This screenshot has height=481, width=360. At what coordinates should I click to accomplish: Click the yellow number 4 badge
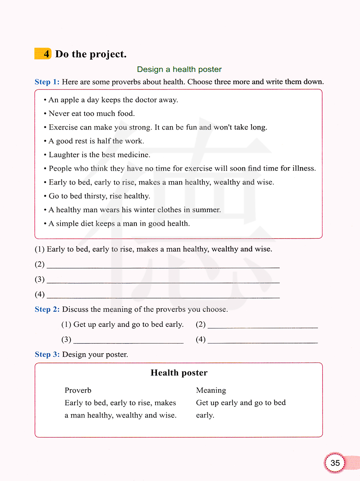click(43, 54)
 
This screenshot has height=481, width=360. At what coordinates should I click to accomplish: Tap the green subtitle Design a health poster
click(179, 69)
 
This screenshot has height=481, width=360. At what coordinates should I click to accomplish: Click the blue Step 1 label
click(47, 82)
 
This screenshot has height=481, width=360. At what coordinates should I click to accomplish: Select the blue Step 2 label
click(47, 309)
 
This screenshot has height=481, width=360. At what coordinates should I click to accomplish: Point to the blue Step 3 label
click(47, 354)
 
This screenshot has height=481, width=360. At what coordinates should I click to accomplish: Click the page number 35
click(335, 463)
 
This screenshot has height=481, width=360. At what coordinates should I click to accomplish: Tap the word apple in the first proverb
click(69, 100)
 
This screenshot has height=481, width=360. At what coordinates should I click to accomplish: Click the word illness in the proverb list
click(304, 168)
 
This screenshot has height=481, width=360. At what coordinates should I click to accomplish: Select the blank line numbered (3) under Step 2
click(128, 341)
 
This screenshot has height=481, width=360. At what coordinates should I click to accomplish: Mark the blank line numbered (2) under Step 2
click(263, 326)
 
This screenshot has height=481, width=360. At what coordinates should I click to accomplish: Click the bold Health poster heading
click(179, 373)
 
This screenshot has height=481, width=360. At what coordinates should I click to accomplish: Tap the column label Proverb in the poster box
click(78, 390)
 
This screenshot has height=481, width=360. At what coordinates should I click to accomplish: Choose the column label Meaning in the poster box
click(211, 390)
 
